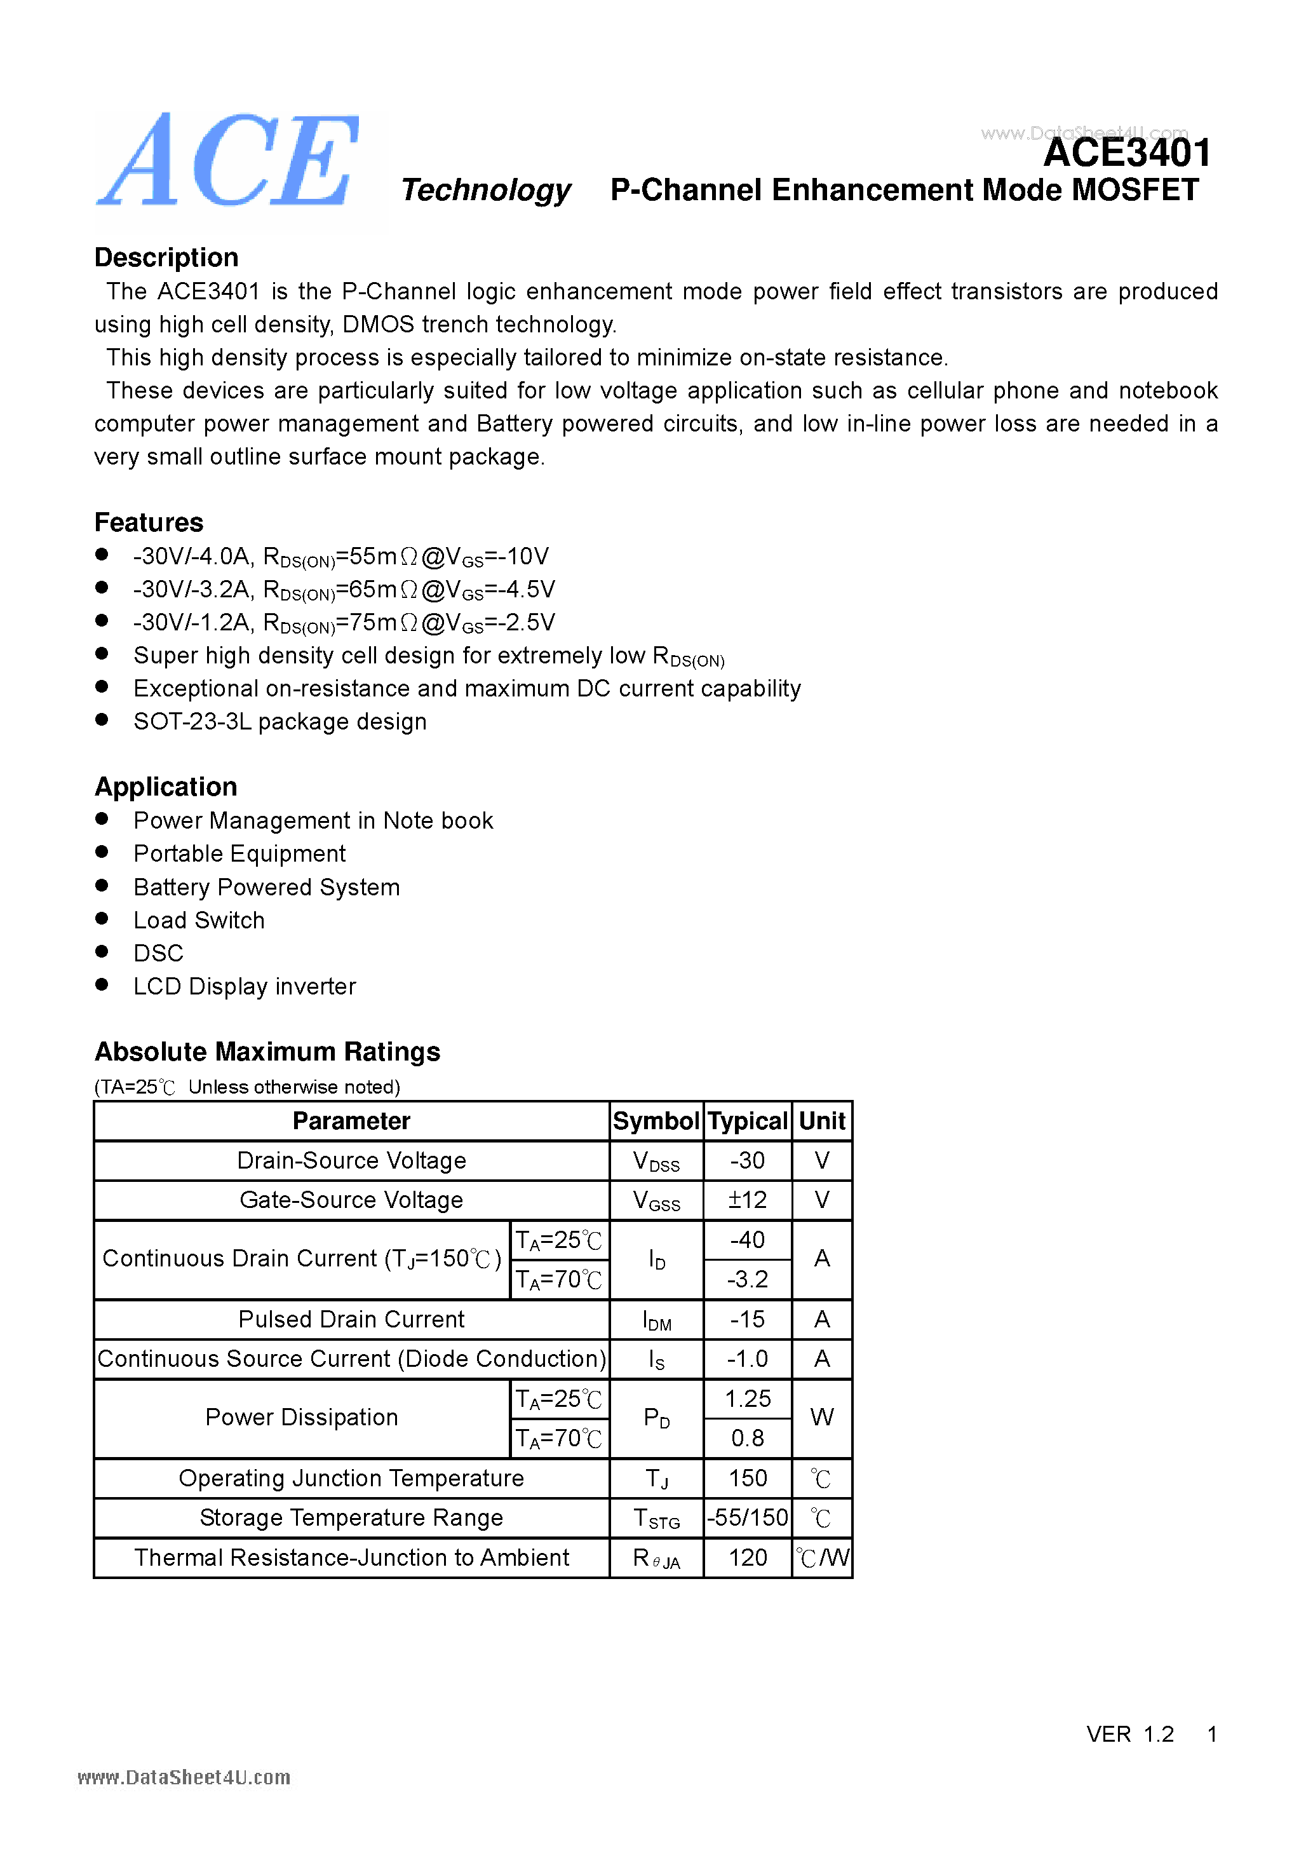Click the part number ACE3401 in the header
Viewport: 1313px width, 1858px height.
click(1126, 153)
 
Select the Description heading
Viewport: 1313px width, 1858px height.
click(166, 257)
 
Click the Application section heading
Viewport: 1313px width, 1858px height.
click(166, 787)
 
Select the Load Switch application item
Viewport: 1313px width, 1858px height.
click(199, 920)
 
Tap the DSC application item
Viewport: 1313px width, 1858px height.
click(159, 953)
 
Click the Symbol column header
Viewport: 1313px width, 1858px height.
click(656, 1121)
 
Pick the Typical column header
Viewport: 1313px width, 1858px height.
click(747, 1121)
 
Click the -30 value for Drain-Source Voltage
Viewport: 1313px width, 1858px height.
click(747, 1160)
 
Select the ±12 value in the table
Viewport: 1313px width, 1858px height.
click(747, 1200)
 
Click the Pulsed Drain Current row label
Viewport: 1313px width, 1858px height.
click(351, 1319)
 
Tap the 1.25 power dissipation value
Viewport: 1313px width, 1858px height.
click(747, 1399)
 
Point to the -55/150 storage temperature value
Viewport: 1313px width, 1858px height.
click(747, 1517)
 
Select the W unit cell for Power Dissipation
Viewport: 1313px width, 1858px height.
click(821, 1417)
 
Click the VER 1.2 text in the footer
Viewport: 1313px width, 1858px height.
click(1129, 1733)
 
